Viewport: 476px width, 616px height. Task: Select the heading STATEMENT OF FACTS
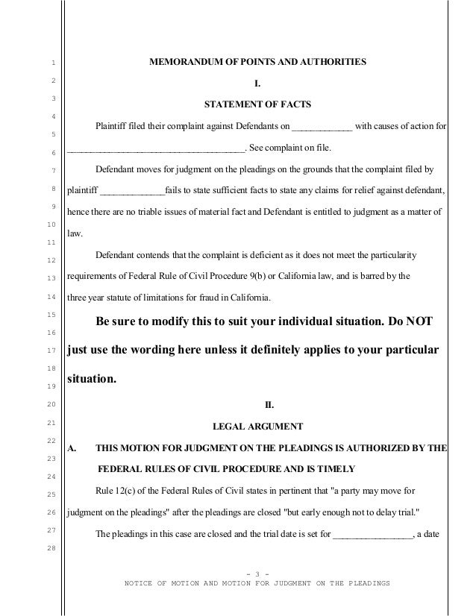tap(258, 103)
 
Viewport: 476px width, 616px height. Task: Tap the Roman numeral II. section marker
tap(270, 406)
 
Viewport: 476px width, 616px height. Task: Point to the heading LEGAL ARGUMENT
tap(258, 427)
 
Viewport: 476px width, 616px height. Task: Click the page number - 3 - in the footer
tap(257, 573)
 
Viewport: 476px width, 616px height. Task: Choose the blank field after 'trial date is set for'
tap(372, 534)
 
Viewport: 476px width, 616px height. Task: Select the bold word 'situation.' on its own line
tap(92, 378)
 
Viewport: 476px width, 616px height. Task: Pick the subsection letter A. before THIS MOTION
tap(73, 448)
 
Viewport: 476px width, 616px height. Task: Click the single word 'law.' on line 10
tap(75, 233)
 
